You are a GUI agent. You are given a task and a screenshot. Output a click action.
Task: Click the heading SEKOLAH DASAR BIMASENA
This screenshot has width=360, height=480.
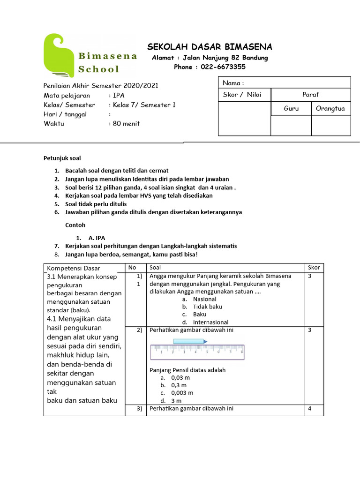point(210,47)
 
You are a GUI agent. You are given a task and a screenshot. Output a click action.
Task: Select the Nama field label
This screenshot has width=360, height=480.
point(233,83)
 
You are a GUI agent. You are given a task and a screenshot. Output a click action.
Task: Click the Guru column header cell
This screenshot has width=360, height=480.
point(291,109)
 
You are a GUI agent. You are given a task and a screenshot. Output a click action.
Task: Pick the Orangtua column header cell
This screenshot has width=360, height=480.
point(330,109)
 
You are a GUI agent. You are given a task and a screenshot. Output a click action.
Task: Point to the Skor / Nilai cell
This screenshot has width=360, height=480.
point(242,95)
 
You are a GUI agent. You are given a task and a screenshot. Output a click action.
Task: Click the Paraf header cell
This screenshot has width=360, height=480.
point(310,95)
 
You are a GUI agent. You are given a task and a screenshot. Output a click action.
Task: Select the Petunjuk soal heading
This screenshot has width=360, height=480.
point(62,158)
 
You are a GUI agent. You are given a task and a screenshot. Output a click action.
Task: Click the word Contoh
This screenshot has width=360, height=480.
point(75,225)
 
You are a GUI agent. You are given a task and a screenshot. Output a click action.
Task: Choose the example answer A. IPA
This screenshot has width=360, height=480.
point(97,238)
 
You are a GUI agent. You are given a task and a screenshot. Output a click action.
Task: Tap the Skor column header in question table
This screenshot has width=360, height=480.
point(314,268)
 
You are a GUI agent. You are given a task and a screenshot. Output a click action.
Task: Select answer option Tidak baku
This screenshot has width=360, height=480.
point(207,307)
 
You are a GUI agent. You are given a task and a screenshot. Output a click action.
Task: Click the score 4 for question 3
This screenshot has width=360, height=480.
point(310,408)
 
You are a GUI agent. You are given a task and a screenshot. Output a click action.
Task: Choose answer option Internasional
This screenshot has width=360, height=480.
point(210,322)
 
